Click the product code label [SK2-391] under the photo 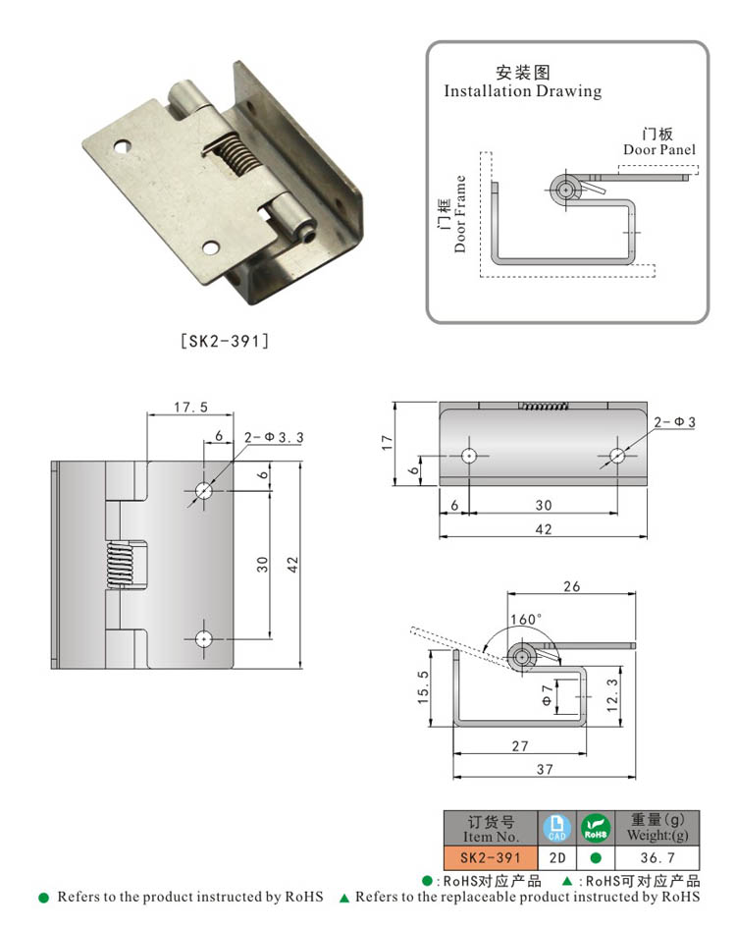[x=225, y=342]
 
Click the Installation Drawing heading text [x=522, y=91]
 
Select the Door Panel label [x=659, y=149]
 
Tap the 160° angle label [x=525, y=620]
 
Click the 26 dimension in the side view [x=571, y=586]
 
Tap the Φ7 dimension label [x=548, y=697]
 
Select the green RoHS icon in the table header [x=596, y=828]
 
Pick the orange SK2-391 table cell [x=491, y=857]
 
